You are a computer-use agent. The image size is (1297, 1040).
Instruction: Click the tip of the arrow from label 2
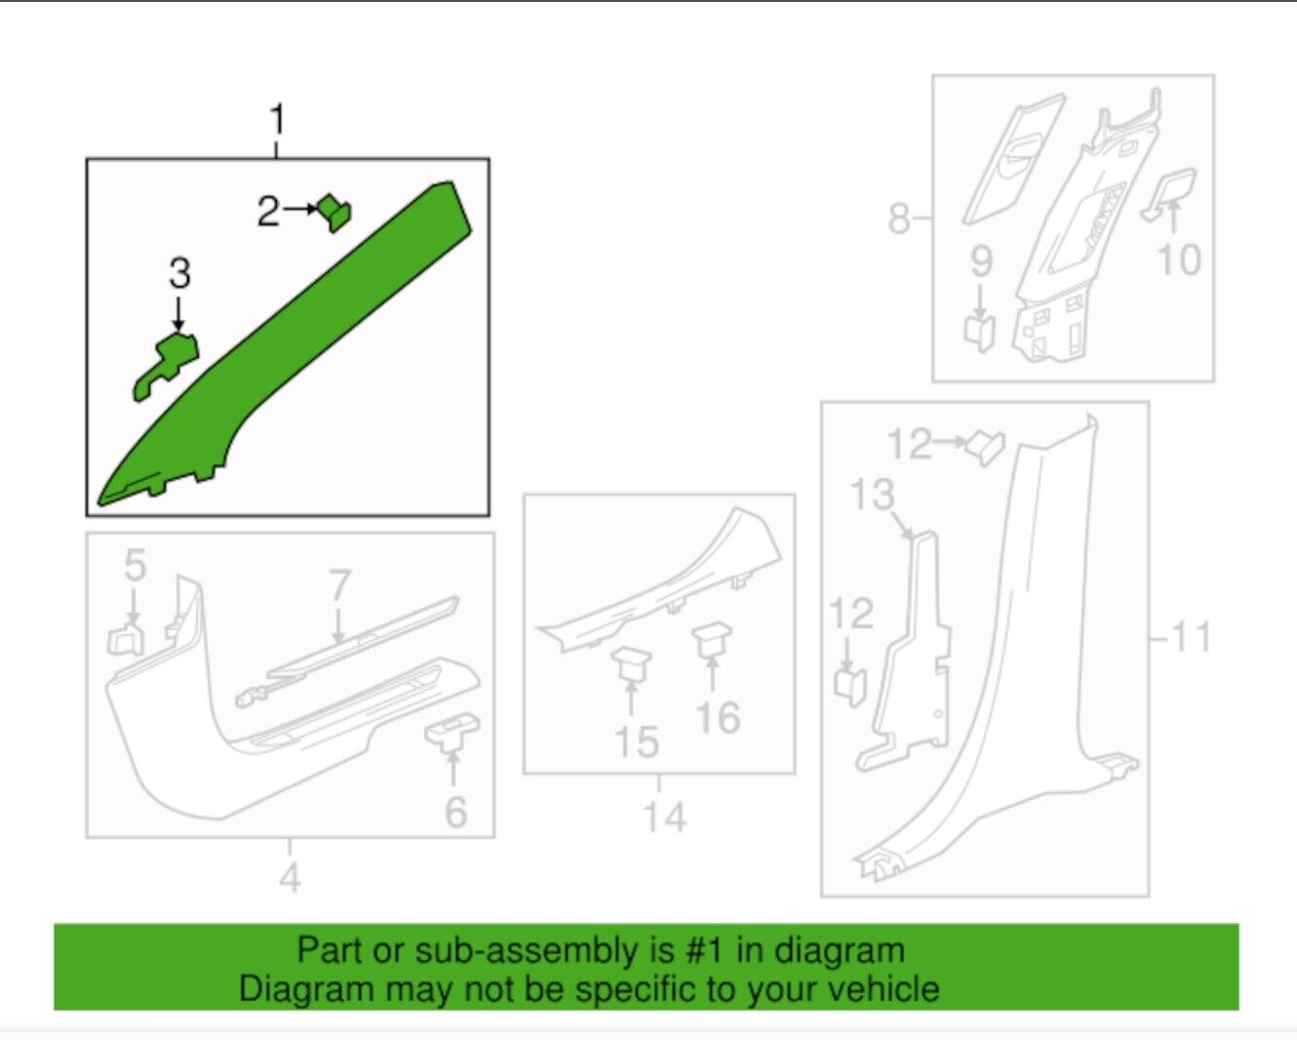[318, 209]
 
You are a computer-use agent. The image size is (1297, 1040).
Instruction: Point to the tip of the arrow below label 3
[178, 332]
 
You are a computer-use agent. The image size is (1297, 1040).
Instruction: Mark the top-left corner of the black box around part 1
[87, 159]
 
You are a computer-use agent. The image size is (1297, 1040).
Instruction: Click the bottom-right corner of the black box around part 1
[489, 515]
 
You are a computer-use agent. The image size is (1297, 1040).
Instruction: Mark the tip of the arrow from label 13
[913, 539]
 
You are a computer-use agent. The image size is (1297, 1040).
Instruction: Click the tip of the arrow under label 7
[338, 643]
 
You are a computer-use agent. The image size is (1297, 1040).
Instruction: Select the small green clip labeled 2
[335, 213]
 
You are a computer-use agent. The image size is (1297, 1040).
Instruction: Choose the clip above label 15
[630, 663]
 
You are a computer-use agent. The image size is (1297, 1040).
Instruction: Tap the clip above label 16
[712, 641]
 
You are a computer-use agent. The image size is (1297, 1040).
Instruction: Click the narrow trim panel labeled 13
[904, 651]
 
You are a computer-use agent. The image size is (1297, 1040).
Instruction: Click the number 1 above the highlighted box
[277, 119]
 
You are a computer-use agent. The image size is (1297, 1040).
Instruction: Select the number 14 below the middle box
[665, 817]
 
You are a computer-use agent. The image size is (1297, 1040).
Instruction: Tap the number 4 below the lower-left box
[290, 878]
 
